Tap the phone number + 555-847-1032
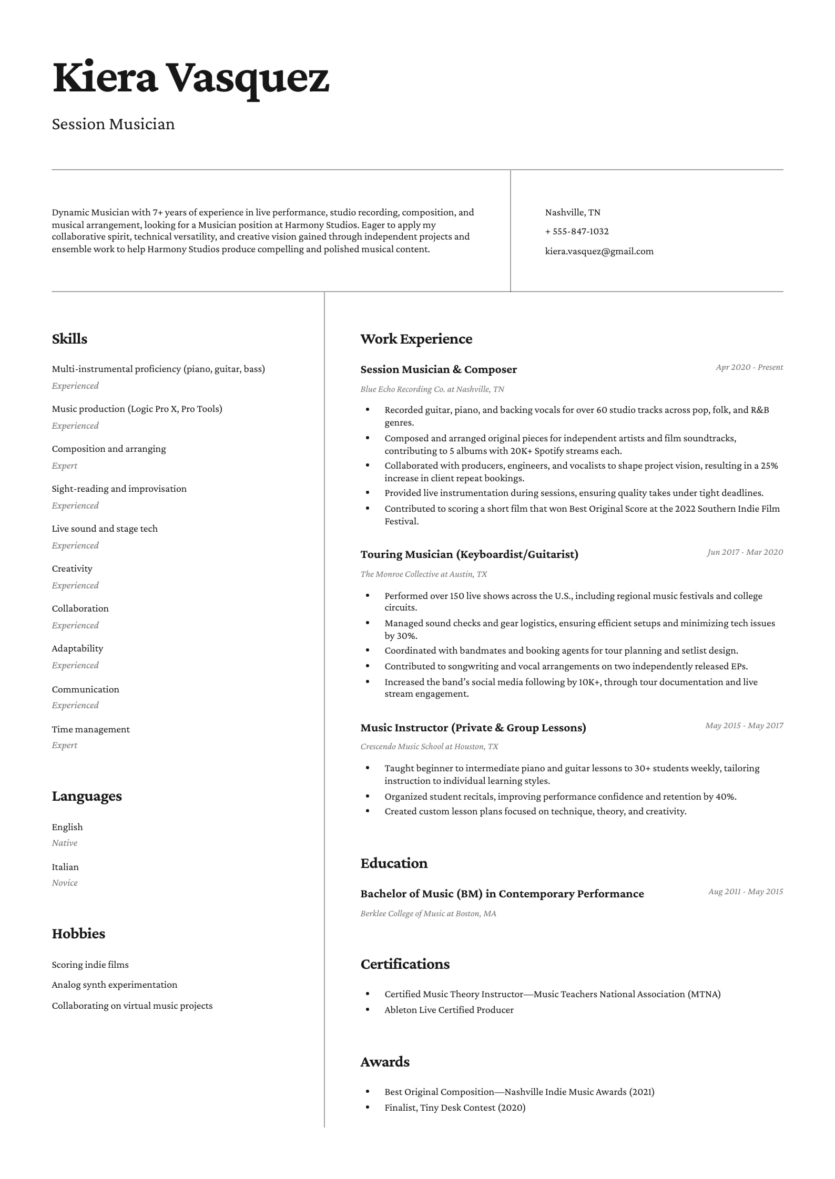click(576, 232)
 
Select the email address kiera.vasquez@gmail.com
click(599, 252)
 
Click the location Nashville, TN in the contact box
click(572, 213)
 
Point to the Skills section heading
click(69, 339)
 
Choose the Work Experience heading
click(416, 339)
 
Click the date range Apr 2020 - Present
click(749, 367)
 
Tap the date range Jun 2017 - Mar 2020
click(745, 552)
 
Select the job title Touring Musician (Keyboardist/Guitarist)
click(469, 554)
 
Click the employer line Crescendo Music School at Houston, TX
click(429, 747)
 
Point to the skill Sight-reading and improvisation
click(119, 489)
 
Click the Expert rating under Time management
click(64, 745)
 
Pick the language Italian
click(65, 867)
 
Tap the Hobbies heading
click(78, 934)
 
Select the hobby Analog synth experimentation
click(114, 985)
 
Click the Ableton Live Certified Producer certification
click(449, 1010)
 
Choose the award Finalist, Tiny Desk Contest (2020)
click(455, 1108)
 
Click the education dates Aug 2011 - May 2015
click(745, 892)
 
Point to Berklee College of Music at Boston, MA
click(428, 914)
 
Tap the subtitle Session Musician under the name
click(113, 124)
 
